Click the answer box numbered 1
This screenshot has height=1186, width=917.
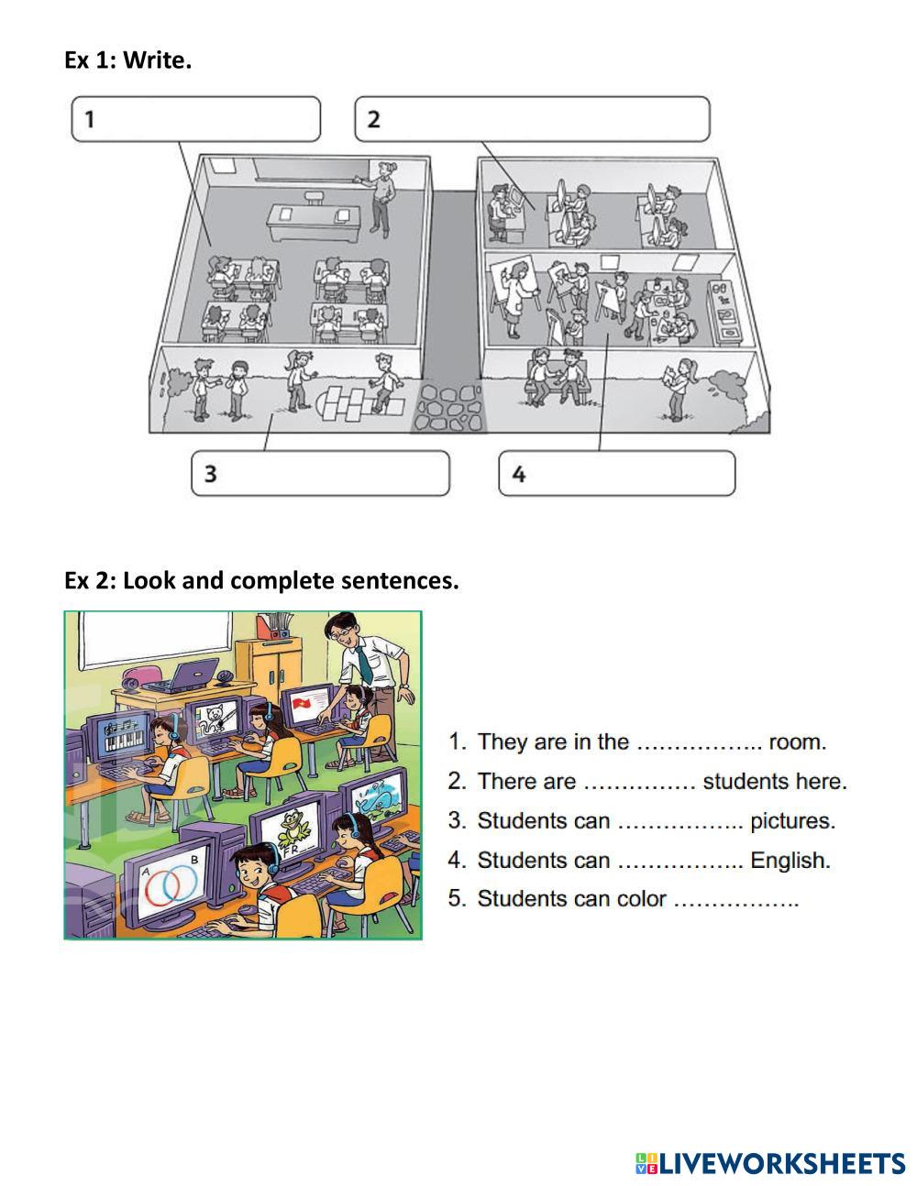click(x=196, y=119)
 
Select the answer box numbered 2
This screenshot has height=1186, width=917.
click(x=532, y=119)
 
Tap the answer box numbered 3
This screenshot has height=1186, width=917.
click(x=320, y=473)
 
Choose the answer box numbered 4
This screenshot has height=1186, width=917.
click(x=616, y=473)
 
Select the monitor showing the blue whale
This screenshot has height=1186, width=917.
click(x=373, y=796)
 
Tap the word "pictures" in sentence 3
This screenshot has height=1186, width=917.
click(x=792, y=820)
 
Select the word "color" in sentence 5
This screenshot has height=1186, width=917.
click(x=641, y=898)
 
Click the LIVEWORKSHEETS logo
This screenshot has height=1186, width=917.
click(x=770, y=1163)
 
